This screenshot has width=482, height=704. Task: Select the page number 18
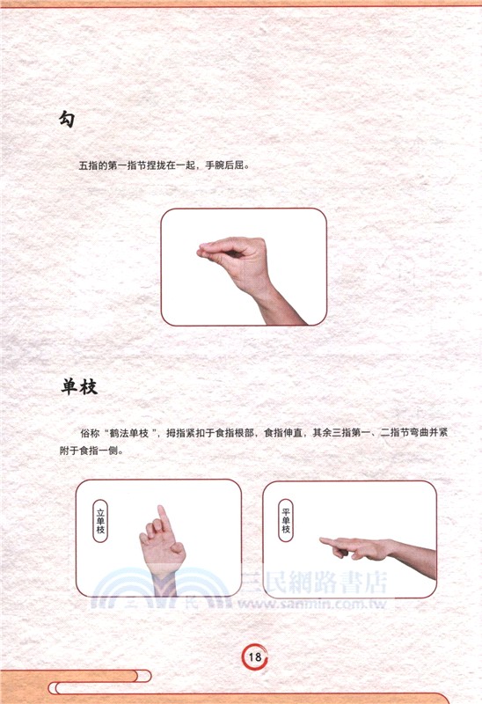(x=253, y=656)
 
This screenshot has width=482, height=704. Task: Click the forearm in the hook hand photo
(x=280, y=307)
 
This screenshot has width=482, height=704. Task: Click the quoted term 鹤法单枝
(x=129, y=433)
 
